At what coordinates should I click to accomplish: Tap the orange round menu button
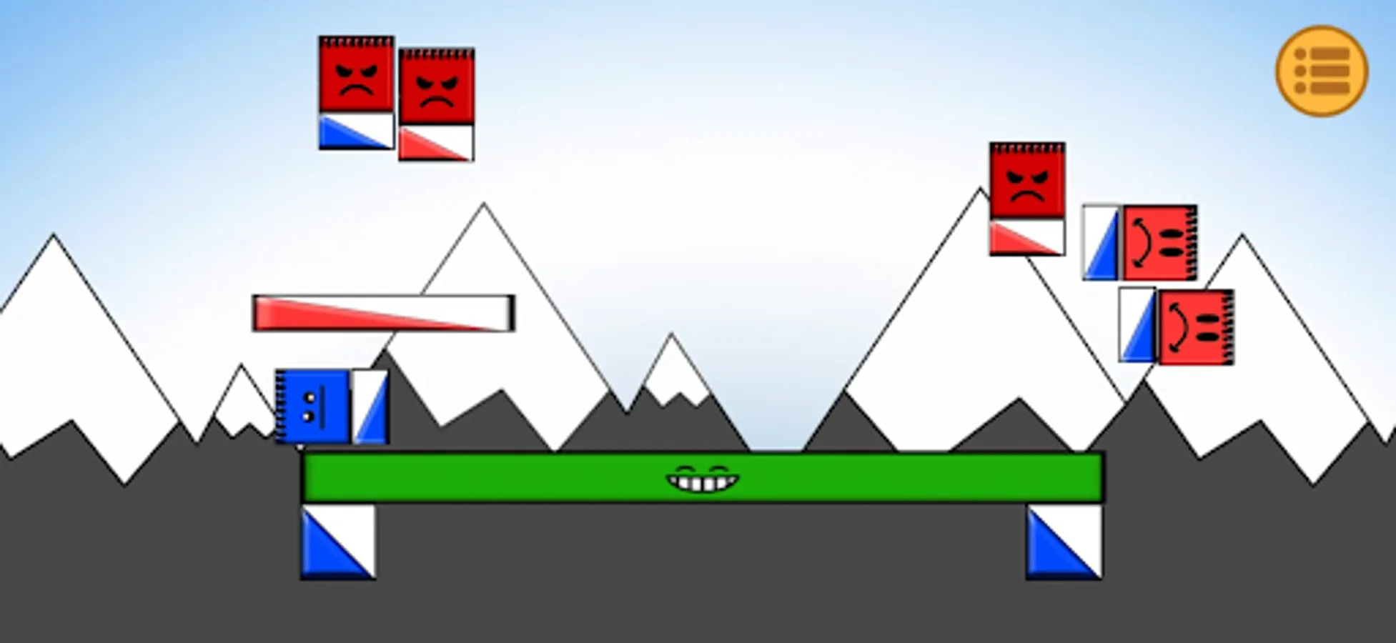1322,71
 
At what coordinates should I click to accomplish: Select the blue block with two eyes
313,407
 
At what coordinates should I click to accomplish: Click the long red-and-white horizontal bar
383,313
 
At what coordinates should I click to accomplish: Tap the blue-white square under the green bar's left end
338,542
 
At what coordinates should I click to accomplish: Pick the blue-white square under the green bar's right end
1064,542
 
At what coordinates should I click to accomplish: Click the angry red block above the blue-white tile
356,75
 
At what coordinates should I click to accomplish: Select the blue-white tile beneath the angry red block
356,131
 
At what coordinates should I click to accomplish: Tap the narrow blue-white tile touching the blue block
370,407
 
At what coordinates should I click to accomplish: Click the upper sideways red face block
1159,243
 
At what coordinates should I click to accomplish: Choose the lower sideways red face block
1196,327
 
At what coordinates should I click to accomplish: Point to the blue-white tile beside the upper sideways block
1101,243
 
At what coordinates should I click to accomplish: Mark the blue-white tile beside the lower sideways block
1137,325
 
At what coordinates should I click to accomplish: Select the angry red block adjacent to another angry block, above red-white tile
436,86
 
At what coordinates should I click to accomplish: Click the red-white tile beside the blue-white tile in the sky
436,143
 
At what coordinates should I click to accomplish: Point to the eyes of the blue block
310,407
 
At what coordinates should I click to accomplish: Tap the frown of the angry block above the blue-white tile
356,89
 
